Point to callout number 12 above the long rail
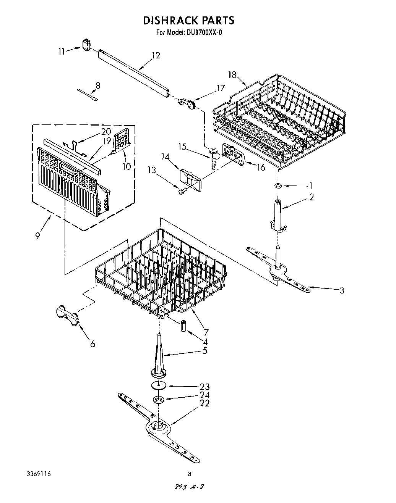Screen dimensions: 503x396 [x=156, y=55]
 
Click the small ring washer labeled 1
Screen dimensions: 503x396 [x=278, y=185]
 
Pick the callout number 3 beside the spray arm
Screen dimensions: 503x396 [x=341, y=290]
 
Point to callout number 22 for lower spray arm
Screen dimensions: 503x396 [x=205, y=403]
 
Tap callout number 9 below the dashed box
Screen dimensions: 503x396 [x=37, y=236]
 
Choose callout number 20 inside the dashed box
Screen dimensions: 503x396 [x=106, y=132]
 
